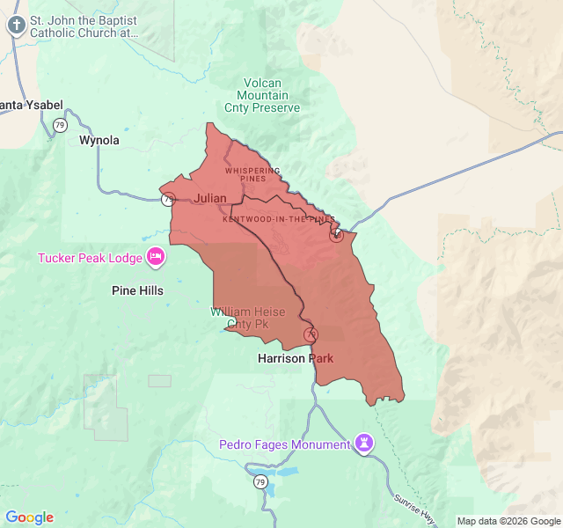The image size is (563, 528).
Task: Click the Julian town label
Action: [210, 198]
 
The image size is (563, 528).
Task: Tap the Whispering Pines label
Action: [252, 174]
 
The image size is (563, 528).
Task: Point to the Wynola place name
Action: [99, 140]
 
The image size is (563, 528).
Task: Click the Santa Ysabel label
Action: [32, 106]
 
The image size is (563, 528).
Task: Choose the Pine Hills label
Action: [137, 290]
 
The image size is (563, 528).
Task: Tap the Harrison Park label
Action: [295, 358]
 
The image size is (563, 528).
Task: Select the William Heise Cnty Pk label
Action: [247, 319]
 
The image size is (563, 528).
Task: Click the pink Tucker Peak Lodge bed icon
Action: [156, 257]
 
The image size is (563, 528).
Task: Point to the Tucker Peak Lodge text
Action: [89, 258]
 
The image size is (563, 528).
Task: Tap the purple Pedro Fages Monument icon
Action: [364, 443]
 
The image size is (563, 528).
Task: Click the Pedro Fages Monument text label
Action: [284, 444]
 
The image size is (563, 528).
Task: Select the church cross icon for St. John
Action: [15, 25]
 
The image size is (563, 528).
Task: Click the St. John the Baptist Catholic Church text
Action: [84, 26]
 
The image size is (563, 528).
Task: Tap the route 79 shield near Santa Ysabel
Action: [60, 126]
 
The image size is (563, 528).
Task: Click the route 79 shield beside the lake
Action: [260, 481]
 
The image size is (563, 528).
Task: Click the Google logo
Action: [29, 517]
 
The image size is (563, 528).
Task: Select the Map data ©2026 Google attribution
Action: [508, 521]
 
